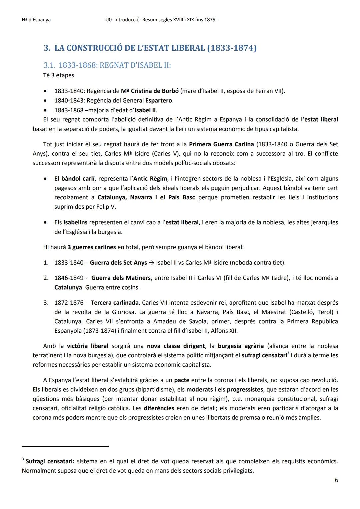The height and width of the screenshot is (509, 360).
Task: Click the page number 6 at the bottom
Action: pos(336,480)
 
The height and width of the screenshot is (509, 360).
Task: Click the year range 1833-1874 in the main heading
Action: pos(232,48)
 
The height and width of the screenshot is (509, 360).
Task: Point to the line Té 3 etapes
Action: pos(59,75)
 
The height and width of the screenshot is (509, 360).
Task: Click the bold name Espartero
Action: pos(159,100)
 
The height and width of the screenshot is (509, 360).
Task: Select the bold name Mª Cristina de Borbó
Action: pos(150,91)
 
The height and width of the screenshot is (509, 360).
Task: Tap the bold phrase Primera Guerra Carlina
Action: pos(221,144)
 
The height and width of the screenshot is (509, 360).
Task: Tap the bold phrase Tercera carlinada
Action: pos(114,303)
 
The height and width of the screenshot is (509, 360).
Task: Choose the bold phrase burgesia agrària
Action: pos(241,346)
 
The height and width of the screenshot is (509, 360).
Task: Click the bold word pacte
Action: pos(182,380)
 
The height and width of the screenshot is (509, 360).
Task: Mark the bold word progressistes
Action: pos(245,389)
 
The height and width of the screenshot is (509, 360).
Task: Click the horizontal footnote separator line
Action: pos(65,446)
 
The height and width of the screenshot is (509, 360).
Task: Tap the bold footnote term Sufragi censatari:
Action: pos(50,462)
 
